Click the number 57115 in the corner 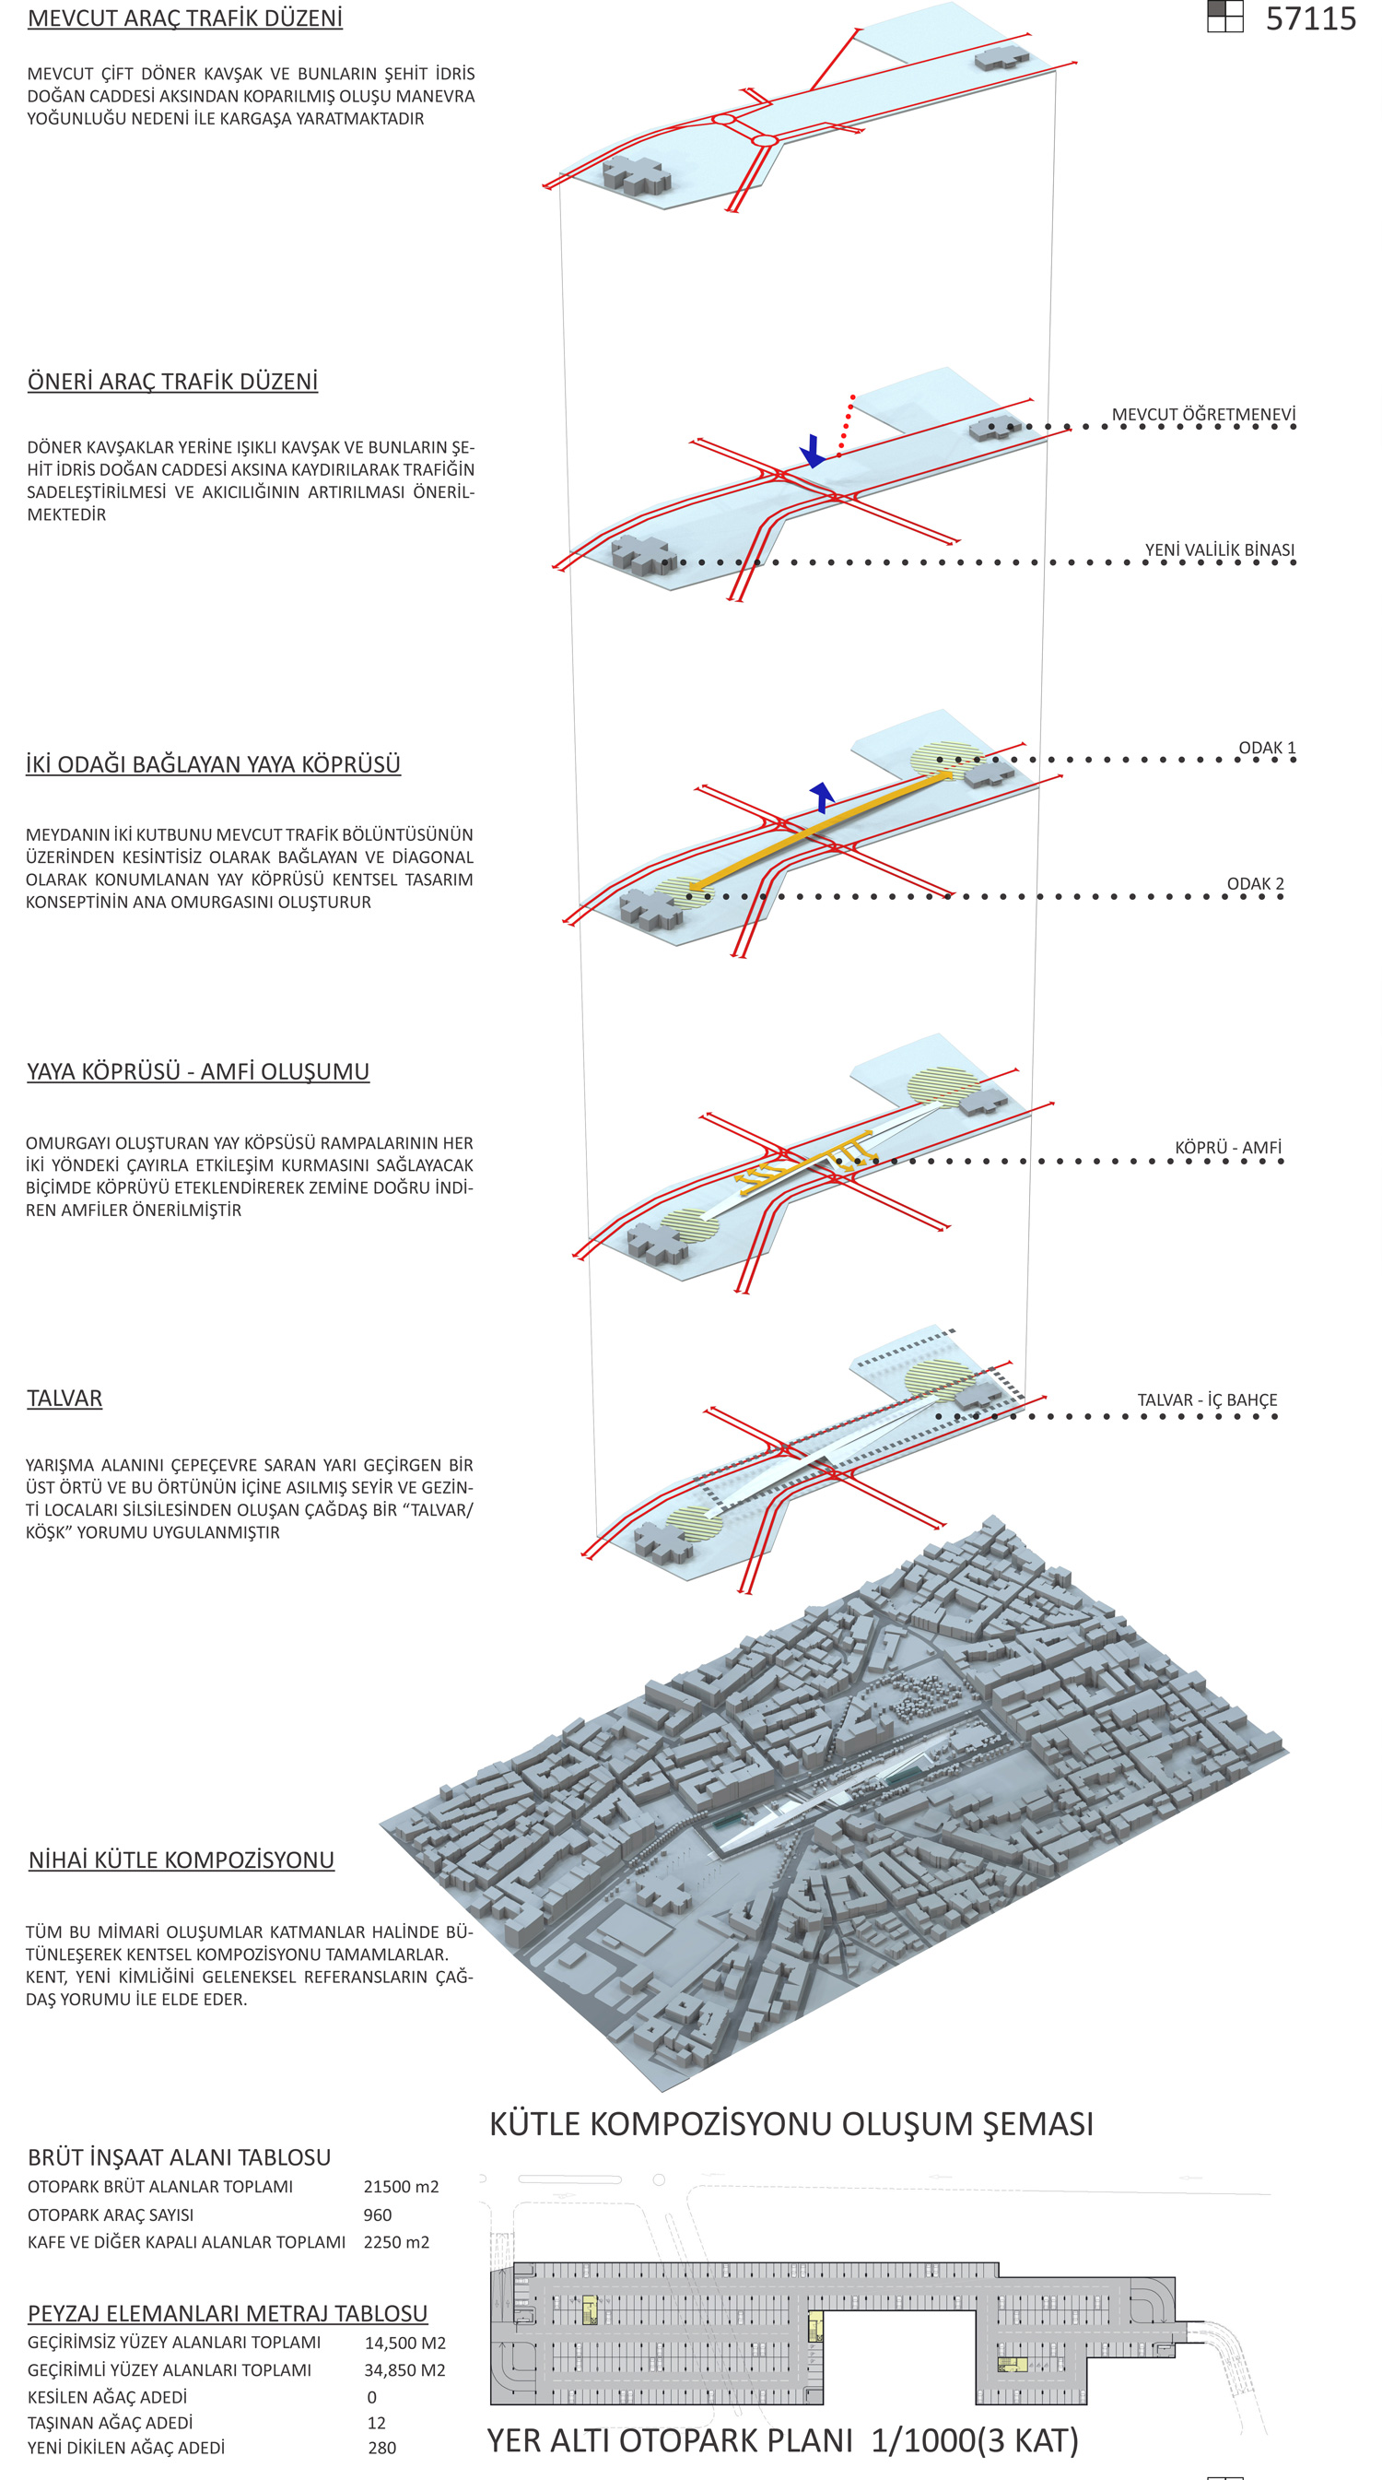pyautogui.click(x=1310, y=19)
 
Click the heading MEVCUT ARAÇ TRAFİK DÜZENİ pyautogui.click(x=185, y=18)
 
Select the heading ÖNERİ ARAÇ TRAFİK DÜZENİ pyautogui.click(x=172, y=382)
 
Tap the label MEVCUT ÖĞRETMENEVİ pyautogui.click(x=1203, y=415)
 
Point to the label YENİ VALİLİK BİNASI pyautogui.click(x=1218, y=549)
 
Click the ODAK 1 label pyautogui.click(x=1267, y=748)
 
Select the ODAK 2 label pyautogui.click(x=1254, y=884)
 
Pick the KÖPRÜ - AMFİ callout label pyautogui.click(x=1227, y=1148)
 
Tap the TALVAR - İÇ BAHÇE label pyautogui.click(x=1207, y=1399)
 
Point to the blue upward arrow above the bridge pyautogui.click(x=821, y=797)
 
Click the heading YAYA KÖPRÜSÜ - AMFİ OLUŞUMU pyautogui.click(x=198, y=1071)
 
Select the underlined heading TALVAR pyautogui.click(x=64, y=1398)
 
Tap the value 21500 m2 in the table pyautogui.click(x=401, y=2187)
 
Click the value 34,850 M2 pyautogui.click(x=404, y=2369)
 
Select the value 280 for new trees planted pyautogui.click(x=381, y=2447)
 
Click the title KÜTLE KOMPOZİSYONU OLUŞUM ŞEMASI pyautogui.click(x=791, y=2124)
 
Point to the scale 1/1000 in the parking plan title pyautogui.click(x=923, y=2440)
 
